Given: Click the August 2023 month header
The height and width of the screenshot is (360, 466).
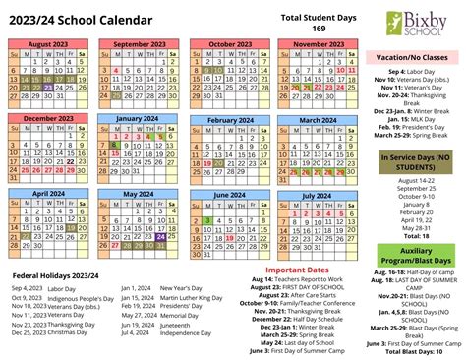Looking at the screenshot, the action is [x=49, y=44].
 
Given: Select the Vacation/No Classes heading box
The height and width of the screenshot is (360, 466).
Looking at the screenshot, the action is [x=413, y=58].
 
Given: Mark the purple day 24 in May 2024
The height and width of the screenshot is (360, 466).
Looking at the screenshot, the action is [x=161, y=236].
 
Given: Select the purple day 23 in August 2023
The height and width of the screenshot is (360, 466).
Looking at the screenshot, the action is [x=48, y=86].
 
